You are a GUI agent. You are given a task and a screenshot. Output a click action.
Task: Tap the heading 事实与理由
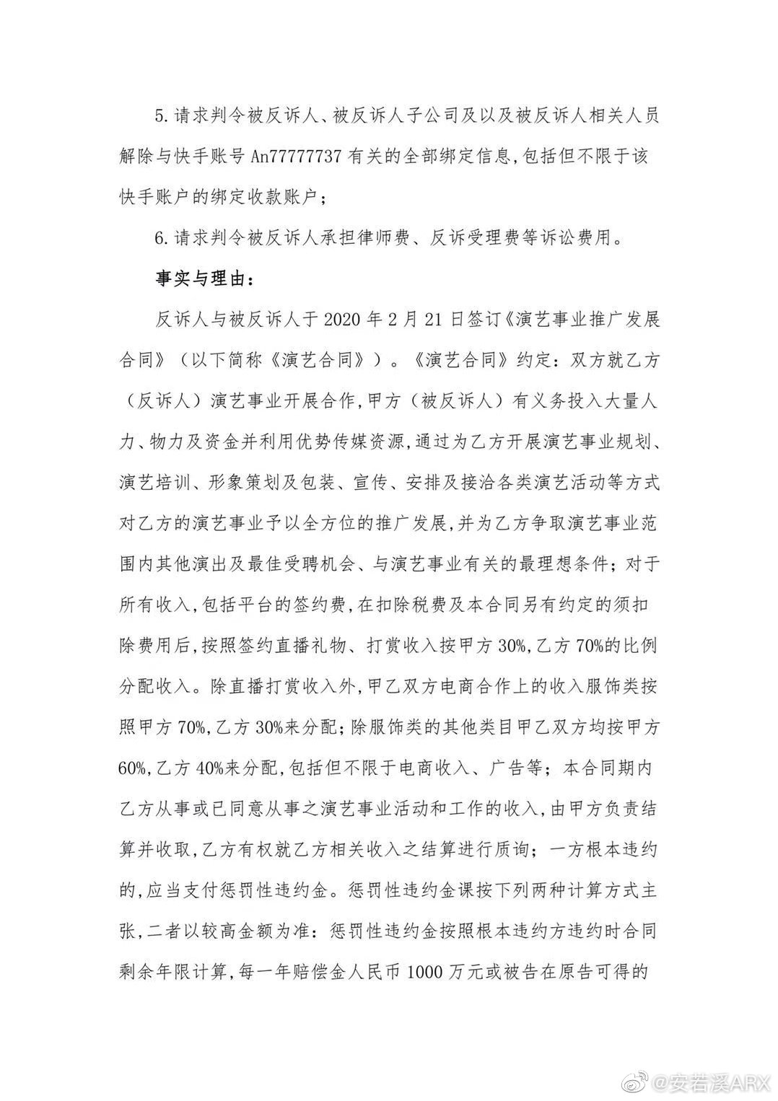(205, 278)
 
